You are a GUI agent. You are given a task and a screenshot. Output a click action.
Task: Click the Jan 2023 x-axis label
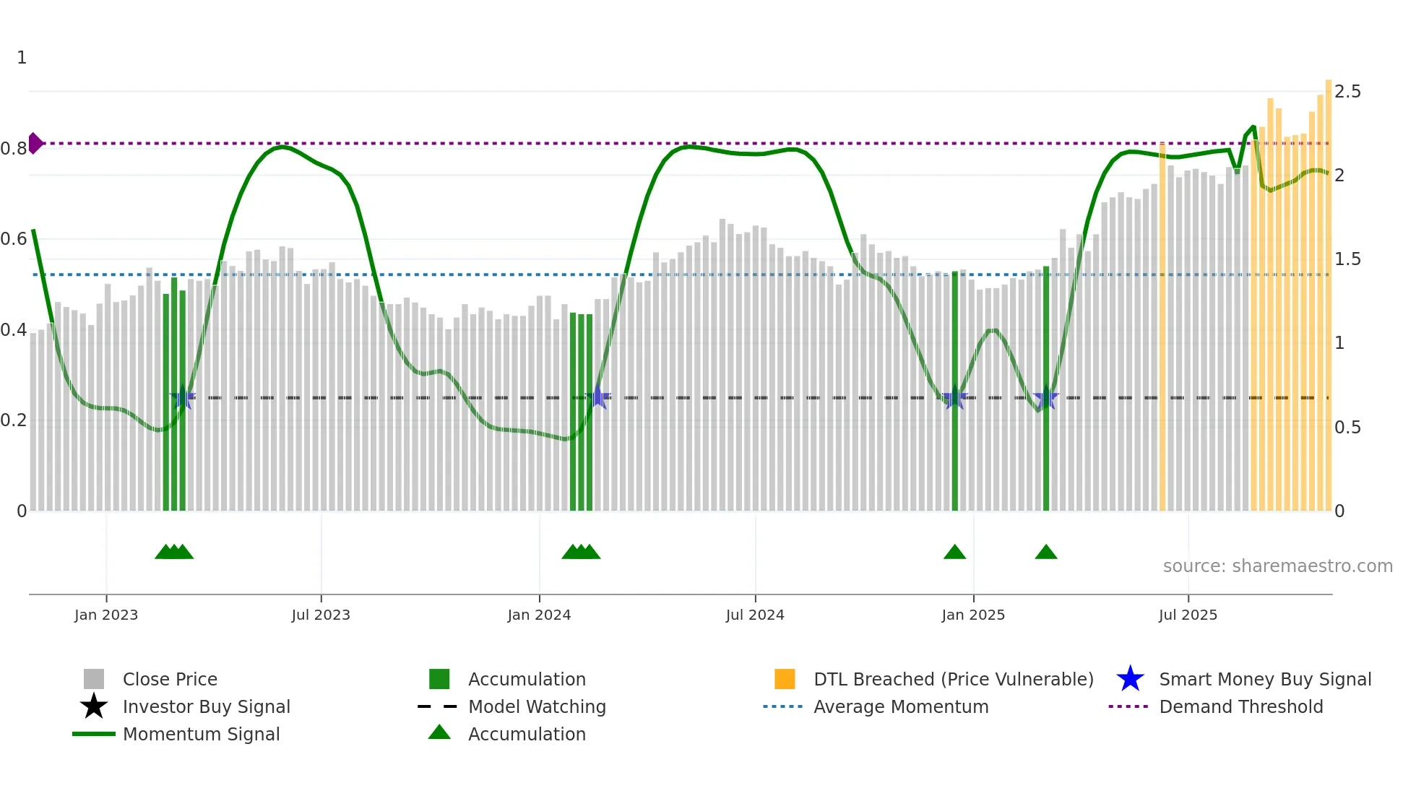(x=106, y=615)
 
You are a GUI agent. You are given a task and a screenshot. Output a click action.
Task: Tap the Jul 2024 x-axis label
(x=755, y=615)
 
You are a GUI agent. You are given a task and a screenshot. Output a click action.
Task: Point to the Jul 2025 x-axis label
(x=1188, y=615)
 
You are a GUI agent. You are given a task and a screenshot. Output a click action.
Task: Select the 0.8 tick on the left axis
(x=14, y=149)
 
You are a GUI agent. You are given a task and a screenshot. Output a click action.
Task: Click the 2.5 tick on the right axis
(x=1347, y=92)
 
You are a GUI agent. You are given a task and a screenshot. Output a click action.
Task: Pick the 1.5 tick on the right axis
(x=1347, y=259)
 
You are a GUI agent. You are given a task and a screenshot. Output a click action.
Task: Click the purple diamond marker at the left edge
(x=35, y=143)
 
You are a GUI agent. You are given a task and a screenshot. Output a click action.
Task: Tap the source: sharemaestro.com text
(x=1277, y=566)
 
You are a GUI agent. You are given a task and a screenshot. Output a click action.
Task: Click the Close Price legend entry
(x=170, y=679)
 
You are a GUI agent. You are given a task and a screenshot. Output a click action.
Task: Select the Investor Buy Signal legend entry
(x=206, y=706)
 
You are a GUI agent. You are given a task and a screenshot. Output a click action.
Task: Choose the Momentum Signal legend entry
(x=201, y=734)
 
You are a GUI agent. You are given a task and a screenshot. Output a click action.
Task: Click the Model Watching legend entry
(x=537, y=706)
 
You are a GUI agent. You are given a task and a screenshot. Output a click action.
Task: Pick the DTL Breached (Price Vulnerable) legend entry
(x=953, y=679)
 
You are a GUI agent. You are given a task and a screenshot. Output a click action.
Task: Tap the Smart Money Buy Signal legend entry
(x=1264, y=679)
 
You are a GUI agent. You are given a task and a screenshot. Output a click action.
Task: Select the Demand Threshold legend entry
(x=1240, y=706)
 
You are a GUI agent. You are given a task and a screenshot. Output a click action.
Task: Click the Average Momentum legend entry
(x=900, y=706)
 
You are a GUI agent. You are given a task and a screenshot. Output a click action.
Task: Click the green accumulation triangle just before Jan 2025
(x=954, y=553)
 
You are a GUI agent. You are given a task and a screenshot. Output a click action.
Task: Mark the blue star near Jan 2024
(x=597, y=397)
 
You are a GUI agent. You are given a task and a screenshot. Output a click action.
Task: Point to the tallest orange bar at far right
(x=1328, y=289)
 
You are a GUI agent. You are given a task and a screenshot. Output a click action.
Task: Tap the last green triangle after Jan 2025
(x=1045, y=553)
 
